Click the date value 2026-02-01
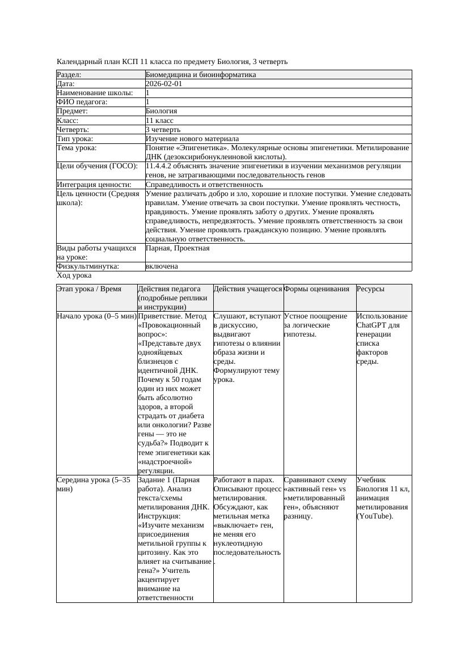click(x=164, y=84)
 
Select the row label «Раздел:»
click(x=69, y=75)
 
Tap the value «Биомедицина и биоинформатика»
click(x=201, y=75)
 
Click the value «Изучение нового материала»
click(x=192, y=139)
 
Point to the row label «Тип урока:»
click(x=75, y=139)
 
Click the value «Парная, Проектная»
click(x=178, y=248)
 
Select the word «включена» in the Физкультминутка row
click(x=162, y=266)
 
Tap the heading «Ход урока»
click(x=74, y=275)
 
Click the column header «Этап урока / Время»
click(x=89, y=289)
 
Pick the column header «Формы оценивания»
click(x=317, y=289)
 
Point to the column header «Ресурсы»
click(x=370, y=289)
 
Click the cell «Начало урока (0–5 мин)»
click(x=96, y=316)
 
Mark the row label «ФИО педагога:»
click(x=82, y=102)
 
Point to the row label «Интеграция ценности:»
click(x=94, y=185)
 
